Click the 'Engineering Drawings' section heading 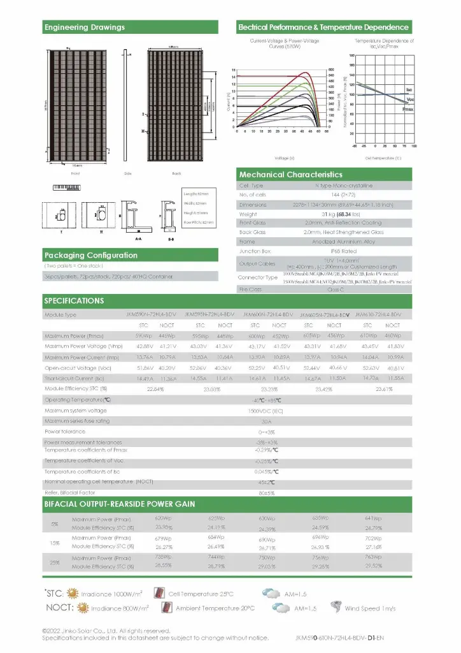tap(85, 27)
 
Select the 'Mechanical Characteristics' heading tap(290, 174)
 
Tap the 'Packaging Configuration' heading tap(90, 255)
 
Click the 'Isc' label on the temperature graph tap(409, 90)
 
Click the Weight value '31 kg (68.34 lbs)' tap(325, 214)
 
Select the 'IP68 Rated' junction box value tap(325, 251)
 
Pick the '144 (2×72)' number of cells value tap(325, 194)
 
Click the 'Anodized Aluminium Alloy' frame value tap(325, 242)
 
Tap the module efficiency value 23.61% tap(384, 388)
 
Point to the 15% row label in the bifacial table tap(55, 543)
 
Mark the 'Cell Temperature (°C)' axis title tap(383, 157)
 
